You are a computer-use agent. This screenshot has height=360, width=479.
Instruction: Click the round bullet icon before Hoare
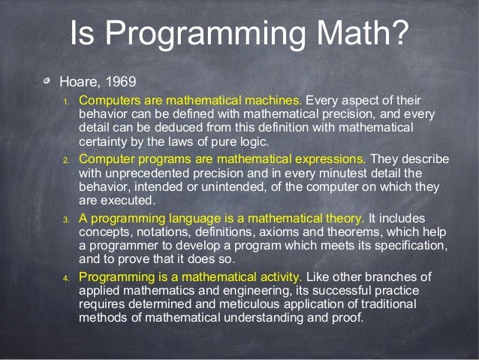point(47,80)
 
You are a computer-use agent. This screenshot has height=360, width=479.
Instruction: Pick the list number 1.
point(66,101)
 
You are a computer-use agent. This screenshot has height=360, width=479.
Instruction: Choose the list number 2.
point(66,161)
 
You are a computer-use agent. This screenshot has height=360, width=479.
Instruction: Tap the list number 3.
point(66,219)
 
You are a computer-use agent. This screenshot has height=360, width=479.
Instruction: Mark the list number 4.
point(66,278)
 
